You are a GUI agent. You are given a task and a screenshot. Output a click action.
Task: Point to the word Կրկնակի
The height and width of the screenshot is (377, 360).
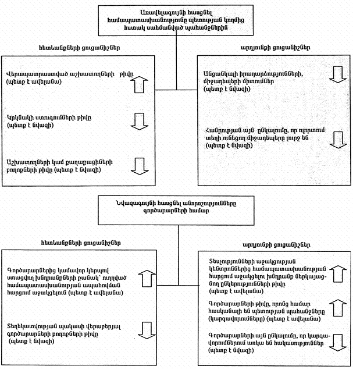pos(17,117)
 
